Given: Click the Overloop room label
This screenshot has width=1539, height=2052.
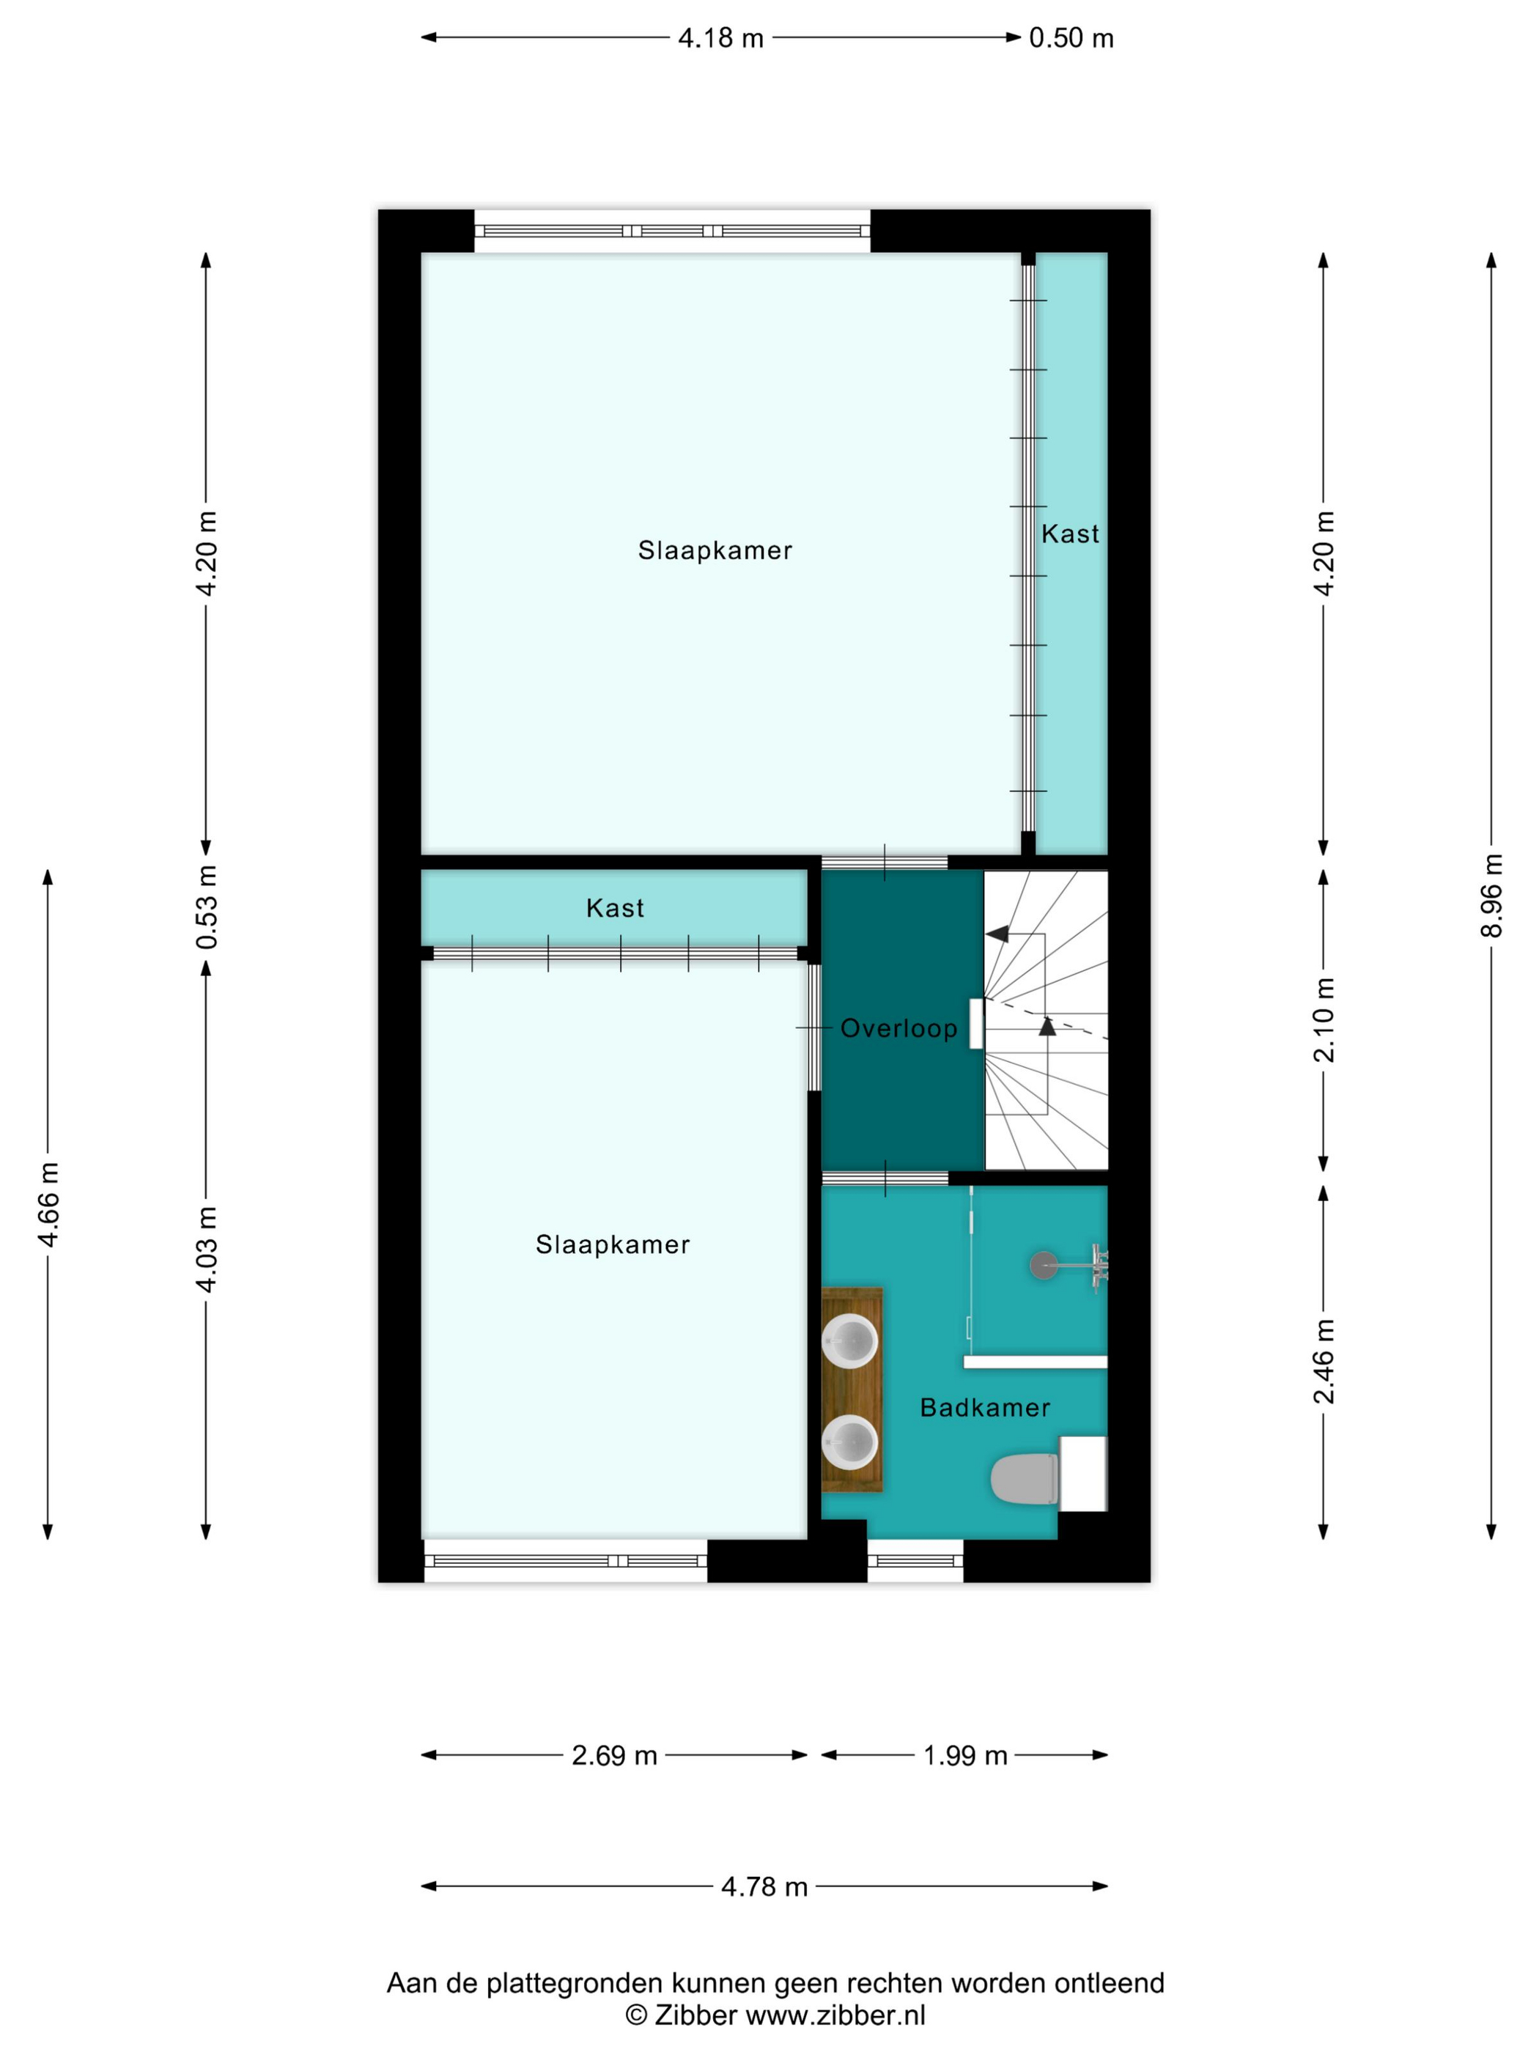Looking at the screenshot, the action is (x=898, y=1028).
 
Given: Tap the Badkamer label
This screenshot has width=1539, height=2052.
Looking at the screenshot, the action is (x=984, y=1407).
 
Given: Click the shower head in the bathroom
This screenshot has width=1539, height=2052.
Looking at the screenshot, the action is (x=1044, y=1266).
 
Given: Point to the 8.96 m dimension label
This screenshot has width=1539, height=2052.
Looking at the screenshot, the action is (x=1491, y=896).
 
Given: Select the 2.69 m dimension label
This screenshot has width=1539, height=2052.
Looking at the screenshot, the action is (x=614, y=1755).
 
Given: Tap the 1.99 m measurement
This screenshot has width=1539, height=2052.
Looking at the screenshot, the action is (x=964, y=1755).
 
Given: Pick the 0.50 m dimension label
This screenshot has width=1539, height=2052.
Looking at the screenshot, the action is (x=1071, y=38).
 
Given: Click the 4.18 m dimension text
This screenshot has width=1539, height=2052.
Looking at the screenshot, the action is (x=721, y=38).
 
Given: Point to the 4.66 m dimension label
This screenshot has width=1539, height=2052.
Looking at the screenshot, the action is (x=48, y=1204).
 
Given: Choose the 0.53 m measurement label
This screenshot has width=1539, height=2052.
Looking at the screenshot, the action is (x=206, y=907).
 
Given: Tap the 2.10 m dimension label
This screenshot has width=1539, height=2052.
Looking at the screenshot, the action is (x=1324, y=1019).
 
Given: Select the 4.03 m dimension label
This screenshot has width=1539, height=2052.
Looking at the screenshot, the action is (x=206, y=1250).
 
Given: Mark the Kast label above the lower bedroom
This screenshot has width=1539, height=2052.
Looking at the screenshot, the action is (x=615, y=907).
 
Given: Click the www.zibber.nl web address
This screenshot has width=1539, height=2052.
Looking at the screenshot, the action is (x=836, y=2015).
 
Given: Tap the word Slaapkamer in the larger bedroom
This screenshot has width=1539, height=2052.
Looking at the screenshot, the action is (x=715, y=550).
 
